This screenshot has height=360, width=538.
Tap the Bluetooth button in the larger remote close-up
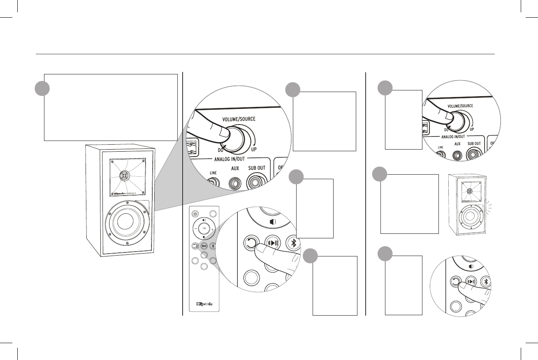[293, 242]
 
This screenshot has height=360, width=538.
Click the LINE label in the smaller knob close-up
[441, 146]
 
